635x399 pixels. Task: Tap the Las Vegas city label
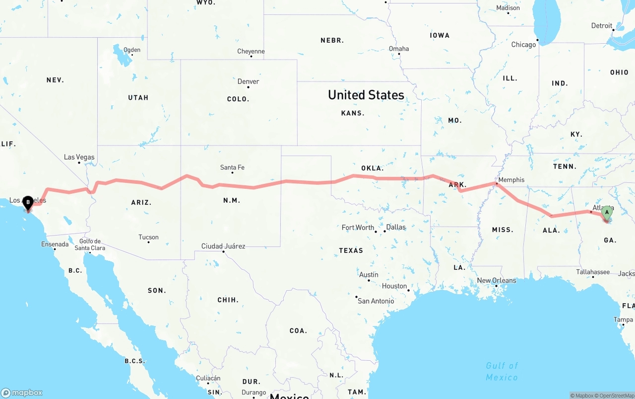point(79,158)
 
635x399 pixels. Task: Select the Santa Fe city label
point(232,167)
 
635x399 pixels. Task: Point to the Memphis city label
point(511,180)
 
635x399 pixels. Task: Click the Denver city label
point(248,81)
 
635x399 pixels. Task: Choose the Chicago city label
point(523,45)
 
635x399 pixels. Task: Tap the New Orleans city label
point(496,281)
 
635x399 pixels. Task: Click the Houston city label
point(394,286)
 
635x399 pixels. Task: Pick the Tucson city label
point(148,237)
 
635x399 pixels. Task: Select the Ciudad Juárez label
point(223,246)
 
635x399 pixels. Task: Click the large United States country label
point(366,95)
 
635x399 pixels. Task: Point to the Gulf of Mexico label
point(502,372)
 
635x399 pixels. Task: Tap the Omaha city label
point(399,49)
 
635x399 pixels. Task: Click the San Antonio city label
point(376,301)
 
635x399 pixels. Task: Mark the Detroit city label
point(601,26)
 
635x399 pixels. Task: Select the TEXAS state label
point(351,250)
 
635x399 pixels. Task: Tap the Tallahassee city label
point(593,272)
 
